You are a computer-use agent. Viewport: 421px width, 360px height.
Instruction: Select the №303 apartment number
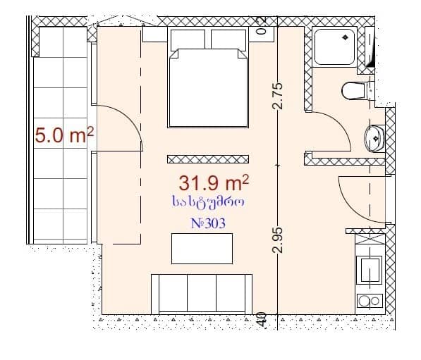click(209, 223)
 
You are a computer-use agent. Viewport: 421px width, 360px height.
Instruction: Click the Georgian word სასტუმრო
click(208, 204)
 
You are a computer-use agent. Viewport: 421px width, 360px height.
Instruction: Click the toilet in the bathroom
click(355, 91)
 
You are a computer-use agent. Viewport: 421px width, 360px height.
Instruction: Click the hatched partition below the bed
click(208, 159)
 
